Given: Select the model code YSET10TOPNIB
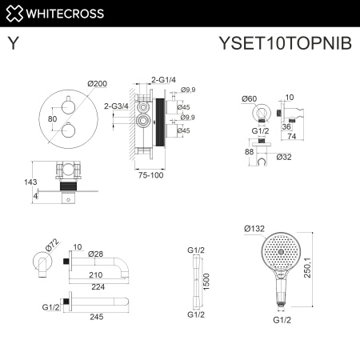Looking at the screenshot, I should point(284,45).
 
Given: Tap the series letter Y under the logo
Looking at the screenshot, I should point(14,45).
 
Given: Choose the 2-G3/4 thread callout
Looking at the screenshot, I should point(117,105).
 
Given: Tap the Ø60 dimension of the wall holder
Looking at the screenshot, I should point(249,98).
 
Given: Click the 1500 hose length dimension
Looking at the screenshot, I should point(206,280).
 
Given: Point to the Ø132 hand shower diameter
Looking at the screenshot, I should point(254,229).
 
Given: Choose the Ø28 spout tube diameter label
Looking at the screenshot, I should point(96,254).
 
